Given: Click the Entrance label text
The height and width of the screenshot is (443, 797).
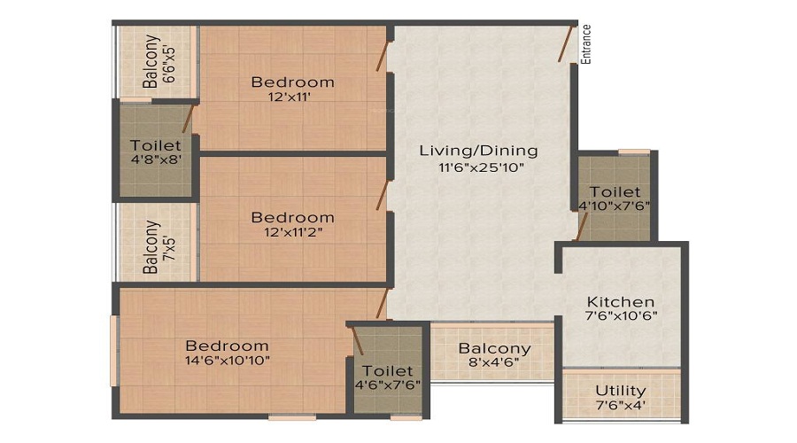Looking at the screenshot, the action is (586, 44).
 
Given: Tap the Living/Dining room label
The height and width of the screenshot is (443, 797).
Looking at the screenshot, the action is (478, 151).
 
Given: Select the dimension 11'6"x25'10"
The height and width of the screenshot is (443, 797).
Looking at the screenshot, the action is (481, 167).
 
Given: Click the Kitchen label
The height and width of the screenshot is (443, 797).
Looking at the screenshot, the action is (621, 301).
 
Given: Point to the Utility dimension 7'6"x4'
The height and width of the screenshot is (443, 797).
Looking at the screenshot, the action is (621, 406).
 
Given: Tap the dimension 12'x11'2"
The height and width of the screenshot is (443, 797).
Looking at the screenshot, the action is (293, 232).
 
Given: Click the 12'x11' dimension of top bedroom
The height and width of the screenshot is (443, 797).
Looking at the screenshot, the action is (290, 97).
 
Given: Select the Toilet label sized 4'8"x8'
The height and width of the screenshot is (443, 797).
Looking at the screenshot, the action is (156, 145).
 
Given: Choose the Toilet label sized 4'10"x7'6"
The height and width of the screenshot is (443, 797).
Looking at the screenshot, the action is (615, 192).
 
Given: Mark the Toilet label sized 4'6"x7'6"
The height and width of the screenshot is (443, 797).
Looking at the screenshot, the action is (387, 370).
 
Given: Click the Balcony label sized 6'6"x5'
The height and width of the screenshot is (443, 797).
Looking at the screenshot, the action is (151, 61).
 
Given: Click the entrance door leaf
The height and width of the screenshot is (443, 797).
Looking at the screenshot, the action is (566, 43).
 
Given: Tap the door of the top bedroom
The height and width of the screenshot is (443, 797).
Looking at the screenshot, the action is (383, 56).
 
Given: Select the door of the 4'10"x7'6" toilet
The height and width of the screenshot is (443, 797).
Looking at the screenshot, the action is (582, 226).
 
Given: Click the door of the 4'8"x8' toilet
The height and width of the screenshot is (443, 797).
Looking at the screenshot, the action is (188, 120).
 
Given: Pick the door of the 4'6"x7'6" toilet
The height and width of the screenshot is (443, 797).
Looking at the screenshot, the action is (357, 340).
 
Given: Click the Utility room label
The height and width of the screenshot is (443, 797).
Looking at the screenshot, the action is (621, 391).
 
